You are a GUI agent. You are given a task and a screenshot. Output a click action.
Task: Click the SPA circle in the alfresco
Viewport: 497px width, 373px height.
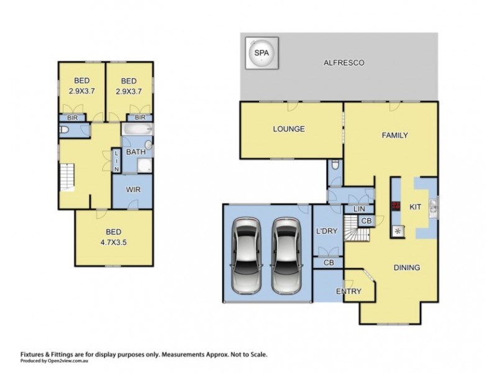pyautogui.click(x=262, y=53)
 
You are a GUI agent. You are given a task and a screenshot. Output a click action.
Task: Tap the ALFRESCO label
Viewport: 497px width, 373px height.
pyautogui.click(x=344, y=63)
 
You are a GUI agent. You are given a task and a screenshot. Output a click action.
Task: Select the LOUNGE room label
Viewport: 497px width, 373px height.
pyautogui.click(x=289, y=129)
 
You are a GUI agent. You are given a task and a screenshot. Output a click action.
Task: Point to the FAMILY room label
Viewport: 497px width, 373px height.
pyautogui.click(x=394, y=136)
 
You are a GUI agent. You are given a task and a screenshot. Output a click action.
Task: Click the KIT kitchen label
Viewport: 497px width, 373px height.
pyautogui.click(x=415, y=207)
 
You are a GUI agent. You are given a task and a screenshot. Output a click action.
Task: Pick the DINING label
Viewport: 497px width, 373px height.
pyautogui.click(x=407, y=268)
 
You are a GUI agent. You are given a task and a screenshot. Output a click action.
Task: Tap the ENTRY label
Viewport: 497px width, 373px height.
pyautogui.click(x=349, y=291)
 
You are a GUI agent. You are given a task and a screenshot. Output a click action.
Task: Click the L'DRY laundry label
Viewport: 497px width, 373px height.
pyautogui.click(x=327, y=231)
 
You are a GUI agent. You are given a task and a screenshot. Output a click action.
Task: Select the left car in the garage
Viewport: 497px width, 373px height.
pyautogui.click(x=246, y=256)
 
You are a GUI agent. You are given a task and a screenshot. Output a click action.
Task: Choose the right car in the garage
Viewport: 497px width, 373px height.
pyautogui.click(x=287, y=256)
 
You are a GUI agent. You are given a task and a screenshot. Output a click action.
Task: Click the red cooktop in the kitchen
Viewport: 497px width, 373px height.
pyautogui.click(x=396, y=206)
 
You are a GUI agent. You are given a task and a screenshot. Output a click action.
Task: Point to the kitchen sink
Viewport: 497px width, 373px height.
pyautogui.click(x=433, y=209)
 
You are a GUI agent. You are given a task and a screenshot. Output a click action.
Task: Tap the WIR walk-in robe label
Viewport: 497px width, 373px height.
pyautogui.click(x=133, y=190)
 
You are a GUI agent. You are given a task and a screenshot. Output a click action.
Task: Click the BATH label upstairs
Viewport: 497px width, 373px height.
pyautogui.click(x=135, y=152)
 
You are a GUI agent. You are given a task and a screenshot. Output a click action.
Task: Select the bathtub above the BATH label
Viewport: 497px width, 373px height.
pyautogui.click(x=137, y=129)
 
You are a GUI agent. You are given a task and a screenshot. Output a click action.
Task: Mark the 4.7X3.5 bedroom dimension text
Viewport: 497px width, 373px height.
pyautogui.click(x=114, y=242)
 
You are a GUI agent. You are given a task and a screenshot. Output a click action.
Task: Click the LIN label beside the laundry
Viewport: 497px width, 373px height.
pyautogui.click(x=359, y=209)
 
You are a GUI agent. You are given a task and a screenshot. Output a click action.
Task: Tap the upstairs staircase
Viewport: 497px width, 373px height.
pyautogui.click(x=67, y=177)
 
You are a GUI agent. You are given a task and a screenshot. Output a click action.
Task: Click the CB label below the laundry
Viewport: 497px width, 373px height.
pyautogui.click(x=329, y=262)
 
